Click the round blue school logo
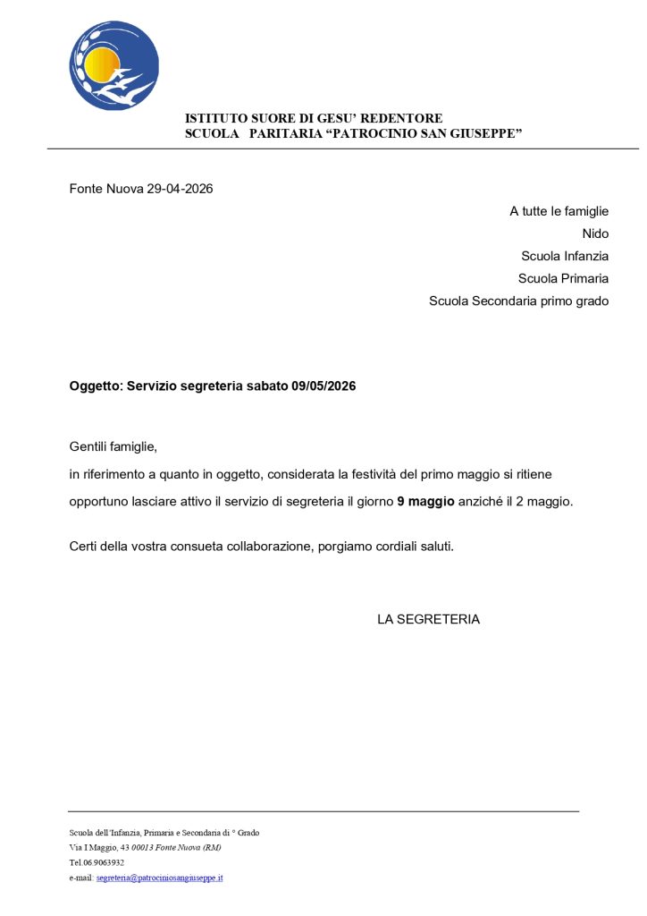(113, 65)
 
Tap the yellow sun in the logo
(100, 64)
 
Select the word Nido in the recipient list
(595, 233)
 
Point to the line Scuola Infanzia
(565, 256)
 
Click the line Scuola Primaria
(563, 278)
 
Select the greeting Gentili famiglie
(113, 446)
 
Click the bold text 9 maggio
(425, 502)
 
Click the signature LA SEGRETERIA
(428, 619)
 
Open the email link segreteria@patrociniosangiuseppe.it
(160, 878)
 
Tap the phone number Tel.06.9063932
(97, 863)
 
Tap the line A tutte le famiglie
(559, 211)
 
